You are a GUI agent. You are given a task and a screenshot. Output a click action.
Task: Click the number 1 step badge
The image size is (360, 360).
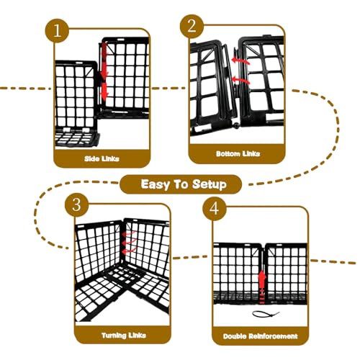click(x=57, y=31)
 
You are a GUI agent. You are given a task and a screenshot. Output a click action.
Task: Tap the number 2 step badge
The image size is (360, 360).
click(x=192, y=26)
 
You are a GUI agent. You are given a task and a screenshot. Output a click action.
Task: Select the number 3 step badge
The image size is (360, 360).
click(x=77, y=205)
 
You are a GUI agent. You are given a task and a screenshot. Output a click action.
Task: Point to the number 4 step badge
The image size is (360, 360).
click(x=215, y=209)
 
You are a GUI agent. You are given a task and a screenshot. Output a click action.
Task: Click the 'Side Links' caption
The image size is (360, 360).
click(x=102, y=158)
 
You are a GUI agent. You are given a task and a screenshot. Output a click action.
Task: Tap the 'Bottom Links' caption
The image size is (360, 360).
click(x=238, y=153)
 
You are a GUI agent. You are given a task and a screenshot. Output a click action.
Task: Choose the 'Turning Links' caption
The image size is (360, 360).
click(x=124, y=336)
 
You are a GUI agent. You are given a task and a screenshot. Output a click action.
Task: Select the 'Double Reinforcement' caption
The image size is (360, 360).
click(x=260, y=336)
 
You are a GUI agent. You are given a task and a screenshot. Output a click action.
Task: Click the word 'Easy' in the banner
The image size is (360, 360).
click(x=155, y=184)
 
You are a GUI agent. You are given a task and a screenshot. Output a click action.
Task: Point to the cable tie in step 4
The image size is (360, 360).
click(x=266, y=313)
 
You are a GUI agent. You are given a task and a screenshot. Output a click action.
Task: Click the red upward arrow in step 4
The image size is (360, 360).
click(x=262, y=287)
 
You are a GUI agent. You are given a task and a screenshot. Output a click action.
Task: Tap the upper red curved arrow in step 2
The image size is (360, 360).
click(x=240, y=61)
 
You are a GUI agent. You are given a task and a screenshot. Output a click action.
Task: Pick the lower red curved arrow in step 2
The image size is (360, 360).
click(x=240, y=80)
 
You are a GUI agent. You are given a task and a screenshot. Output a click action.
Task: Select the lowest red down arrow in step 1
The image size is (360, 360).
click(x=104, y=92)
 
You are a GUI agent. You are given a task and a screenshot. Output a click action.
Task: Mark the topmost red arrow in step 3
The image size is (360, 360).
click(x=129, y=233)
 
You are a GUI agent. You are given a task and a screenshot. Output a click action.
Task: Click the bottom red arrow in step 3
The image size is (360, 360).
click(x=129, y=251)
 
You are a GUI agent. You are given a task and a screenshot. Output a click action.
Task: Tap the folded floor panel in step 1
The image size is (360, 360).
click(x=77, y=138)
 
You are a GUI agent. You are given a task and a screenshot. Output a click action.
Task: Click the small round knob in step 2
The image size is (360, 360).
click(x=237, y=126)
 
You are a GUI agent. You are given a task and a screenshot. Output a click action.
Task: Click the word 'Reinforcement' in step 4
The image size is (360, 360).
click(x=273, y=336)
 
